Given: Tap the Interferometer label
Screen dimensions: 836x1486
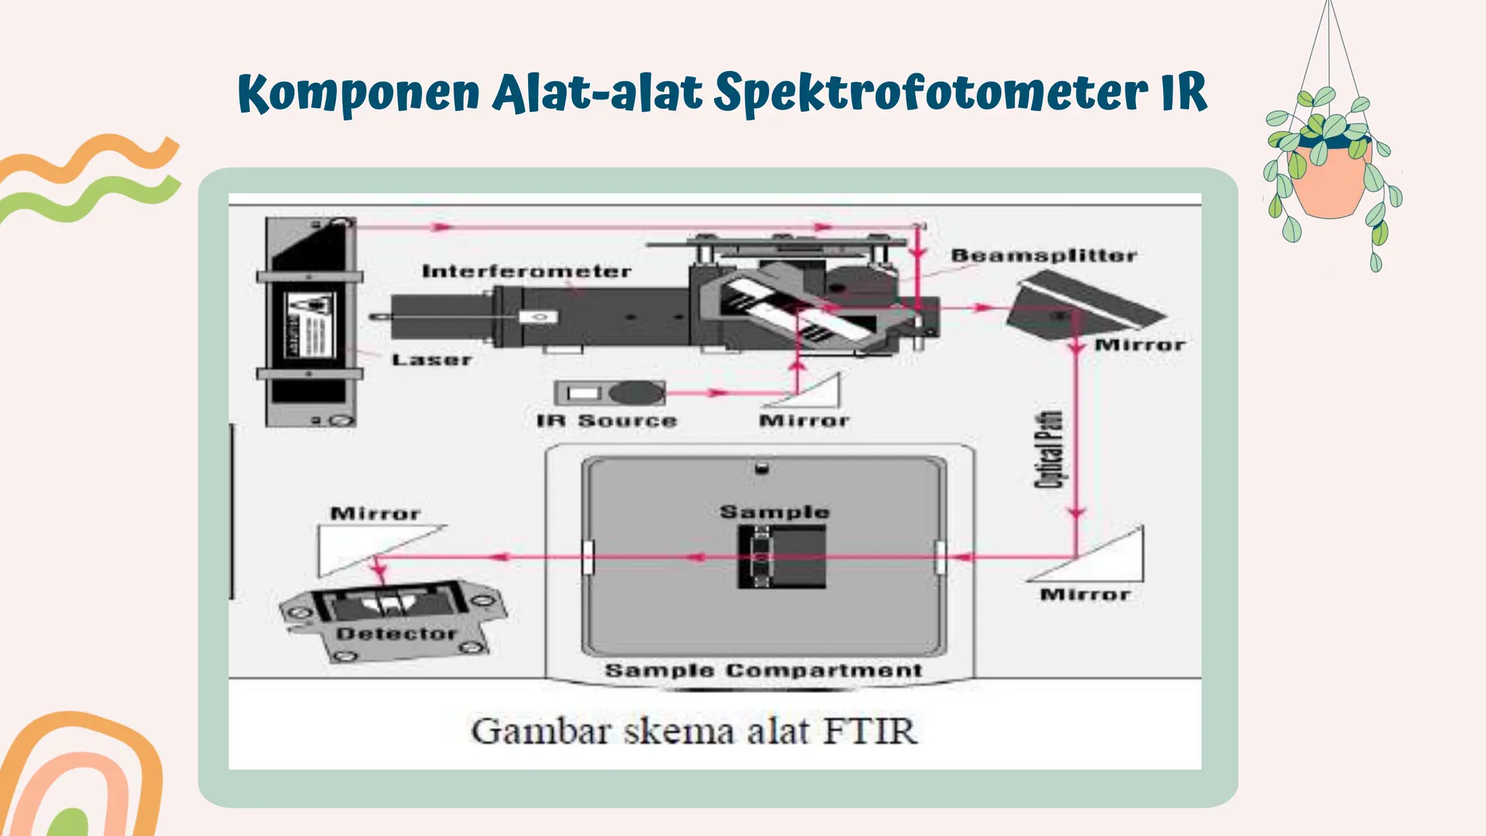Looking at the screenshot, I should [526, 271].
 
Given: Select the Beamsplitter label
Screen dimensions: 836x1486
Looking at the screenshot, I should [1043, 255].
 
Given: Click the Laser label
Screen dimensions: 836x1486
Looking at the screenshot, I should [432, 359].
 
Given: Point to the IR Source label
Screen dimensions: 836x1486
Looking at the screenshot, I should [606, 421].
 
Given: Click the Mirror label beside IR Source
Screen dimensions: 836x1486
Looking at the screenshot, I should [803, 421].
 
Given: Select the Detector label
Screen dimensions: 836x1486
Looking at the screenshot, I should [396, 634].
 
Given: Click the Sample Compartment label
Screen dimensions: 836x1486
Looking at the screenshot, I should [763, 671].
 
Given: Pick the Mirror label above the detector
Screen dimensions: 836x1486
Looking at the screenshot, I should [375, 514].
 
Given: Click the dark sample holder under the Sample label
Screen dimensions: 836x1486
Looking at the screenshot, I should [782, 557].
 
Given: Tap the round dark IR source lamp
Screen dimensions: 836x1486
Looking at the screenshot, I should [636, 393].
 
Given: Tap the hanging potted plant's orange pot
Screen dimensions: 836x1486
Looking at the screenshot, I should [1332, 181].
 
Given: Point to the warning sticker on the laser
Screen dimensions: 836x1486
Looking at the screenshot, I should [310, 324].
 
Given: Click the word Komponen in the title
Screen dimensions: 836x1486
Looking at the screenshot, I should [358, 93].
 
